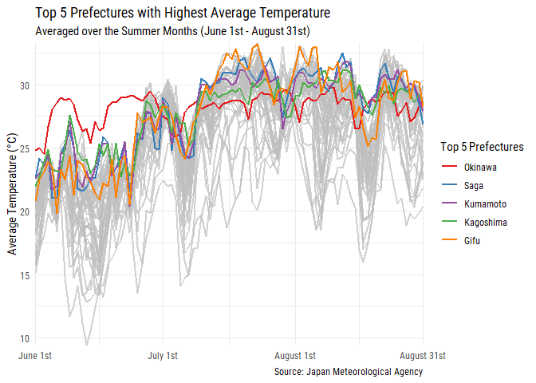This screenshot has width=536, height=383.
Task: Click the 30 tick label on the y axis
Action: (x=24, y=85)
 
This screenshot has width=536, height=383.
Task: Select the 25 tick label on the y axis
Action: (x=24, y=148)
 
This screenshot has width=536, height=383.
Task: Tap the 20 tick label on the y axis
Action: (x=24, y=211)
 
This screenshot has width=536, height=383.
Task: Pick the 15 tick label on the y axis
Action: (x=24, y=275)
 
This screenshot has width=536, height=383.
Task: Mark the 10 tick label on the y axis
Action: (x=24, y=338)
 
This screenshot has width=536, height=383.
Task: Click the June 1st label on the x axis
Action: (x=35, y=355)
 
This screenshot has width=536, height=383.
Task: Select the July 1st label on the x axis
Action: (x=164, y=355)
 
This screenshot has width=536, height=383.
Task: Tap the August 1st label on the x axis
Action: (x=295, y=355)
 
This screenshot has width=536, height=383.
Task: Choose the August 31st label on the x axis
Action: (x=422, y=355)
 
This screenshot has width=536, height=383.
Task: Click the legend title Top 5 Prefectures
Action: (x=482, y=147)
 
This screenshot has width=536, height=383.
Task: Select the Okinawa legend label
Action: (x=480, y=168)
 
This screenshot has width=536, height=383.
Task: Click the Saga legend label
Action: (x=474, y=186)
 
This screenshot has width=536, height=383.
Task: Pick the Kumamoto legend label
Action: (x=484, y=204)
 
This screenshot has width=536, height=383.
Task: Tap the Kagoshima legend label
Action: (x=485, y=223)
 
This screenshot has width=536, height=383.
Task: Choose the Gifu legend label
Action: (x=472, y=241)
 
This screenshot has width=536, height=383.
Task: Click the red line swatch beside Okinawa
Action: (x=449, y=168)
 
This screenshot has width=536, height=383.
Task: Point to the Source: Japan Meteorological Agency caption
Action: (x=348, y=372)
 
